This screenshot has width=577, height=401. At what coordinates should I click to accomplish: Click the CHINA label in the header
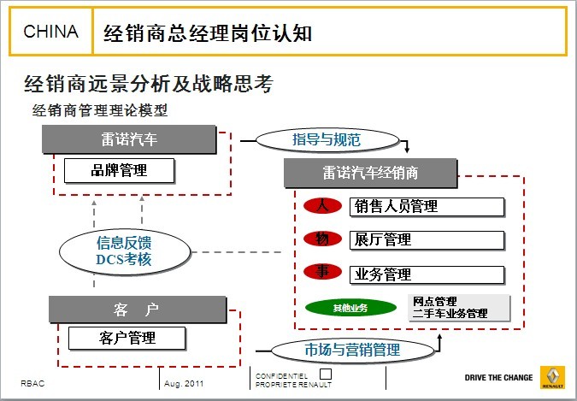coord(50,32)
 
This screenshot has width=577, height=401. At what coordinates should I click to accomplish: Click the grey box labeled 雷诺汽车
coord(129,139)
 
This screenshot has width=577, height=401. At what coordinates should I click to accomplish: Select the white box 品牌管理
coord(119,170)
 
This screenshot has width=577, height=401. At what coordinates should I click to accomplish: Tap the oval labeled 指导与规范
coord(327,140)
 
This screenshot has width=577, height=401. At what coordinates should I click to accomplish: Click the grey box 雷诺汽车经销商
coord(370,173)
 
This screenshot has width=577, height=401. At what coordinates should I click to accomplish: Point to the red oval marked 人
coord(322,205)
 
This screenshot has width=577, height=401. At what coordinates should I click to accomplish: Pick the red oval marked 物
coord(322,239)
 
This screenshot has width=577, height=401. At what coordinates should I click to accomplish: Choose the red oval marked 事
coord(322,272)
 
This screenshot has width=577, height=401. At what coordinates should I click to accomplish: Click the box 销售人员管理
coord(427,207)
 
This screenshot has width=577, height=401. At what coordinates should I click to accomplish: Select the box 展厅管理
coord(427,240)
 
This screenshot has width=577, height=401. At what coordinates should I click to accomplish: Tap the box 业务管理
coord(427,274)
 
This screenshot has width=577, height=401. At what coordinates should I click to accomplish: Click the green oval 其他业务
coord(350,308)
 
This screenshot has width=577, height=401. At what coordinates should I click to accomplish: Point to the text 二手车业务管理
coord(450,314)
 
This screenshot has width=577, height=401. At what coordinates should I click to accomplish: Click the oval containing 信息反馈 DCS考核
coord(125,252)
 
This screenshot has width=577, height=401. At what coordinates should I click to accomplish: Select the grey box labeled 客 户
coord(138,310)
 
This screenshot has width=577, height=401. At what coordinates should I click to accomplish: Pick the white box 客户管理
coord(127,338)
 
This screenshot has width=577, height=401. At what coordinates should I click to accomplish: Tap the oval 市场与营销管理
coord(352,350)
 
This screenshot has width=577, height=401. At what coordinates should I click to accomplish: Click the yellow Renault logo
coord(552,377)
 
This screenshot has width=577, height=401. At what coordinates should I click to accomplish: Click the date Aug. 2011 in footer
coord(184,383)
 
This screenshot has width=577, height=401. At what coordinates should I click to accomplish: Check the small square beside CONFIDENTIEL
coord(326,374)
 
